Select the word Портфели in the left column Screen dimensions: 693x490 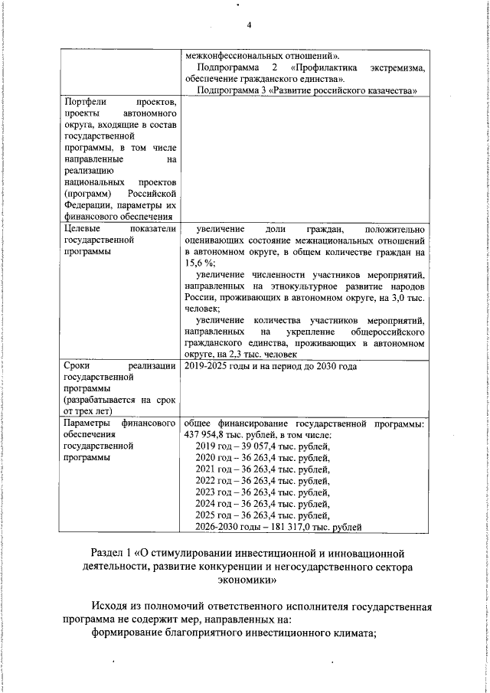86,102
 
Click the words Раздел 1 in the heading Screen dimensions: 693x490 110,552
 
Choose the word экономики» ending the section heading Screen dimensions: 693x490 244,580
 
